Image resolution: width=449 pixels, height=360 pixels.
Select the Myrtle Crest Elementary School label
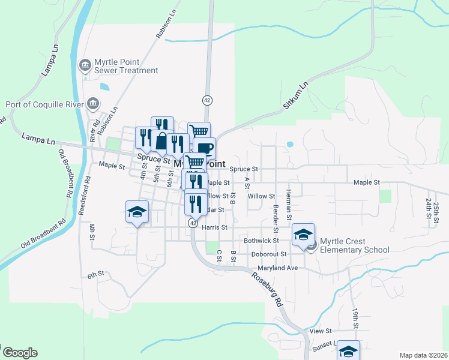[355, 245]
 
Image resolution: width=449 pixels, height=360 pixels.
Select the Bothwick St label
[262, 240]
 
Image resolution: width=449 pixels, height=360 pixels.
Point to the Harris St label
[215, 227]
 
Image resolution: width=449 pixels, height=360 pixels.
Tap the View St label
[321, 331]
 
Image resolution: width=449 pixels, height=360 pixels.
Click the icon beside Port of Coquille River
[92, 103]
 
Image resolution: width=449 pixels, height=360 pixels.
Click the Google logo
[19, 353]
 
